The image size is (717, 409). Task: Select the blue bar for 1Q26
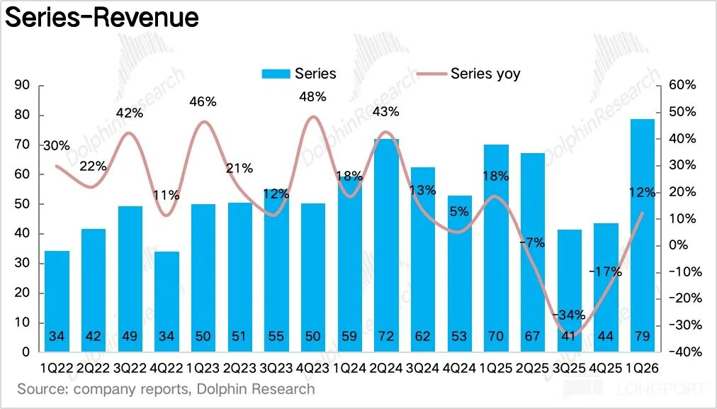click(643, 234)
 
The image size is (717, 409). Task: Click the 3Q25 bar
click(570, 291)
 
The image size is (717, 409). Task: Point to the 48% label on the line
click(312, 96)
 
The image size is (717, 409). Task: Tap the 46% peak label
click(203, 101)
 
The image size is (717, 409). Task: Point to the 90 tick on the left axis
click(22, 85)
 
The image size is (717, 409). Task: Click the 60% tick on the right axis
click(683, 85)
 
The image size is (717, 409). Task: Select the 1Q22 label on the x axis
click(57, 369)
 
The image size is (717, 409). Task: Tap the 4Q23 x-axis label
click(312, 369)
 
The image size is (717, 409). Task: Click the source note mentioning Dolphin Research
click(166, 389)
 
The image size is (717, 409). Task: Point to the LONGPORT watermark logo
click(635, 389)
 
